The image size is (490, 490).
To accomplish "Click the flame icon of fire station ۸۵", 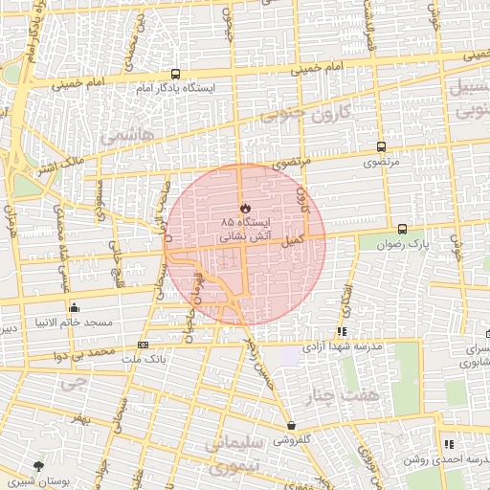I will (x=244, y=207).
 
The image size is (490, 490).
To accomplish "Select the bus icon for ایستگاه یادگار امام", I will (x=175, y=74).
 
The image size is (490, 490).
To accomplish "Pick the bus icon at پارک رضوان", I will (x=402, y=229).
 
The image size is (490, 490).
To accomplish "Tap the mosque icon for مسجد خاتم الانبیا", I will (x=75, y=307).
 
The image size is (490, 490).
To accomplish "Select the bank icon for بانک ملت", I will (x=144, y=345).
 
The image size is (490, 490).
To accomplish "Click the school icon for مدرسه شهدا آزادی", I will (x=343, y=331).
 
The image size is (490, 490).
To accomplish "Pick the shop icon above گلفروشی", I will (x=291, y=426).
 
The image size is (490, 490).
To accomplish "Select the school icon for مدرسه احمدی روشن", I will (x=449, y=444).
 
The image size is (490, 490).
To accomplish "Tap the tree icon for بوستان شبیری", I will (x=38, y=466).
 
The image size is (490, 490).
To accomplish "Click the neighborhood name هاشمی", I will (x=133, y=137).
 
